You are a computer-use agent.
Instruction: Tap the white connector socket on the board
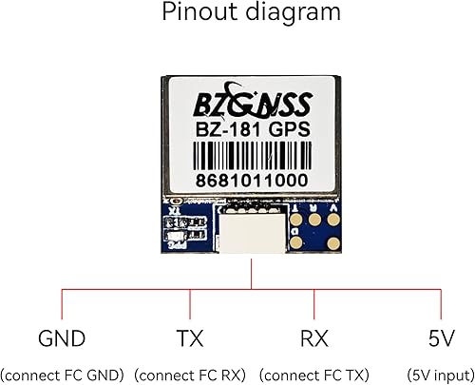point(252,234)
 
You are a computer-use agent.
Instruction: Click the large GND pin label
point(62,339)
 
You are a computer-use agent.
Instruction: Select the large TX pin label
point(190,339)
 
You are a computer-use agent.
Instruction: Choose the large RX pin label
point(313,339)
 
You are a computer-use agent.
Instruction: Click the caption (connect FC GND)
point(62,374)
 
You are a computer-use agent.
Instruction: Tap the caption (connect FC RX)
point(190,374)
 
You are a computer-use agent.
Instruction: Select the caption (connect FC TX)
point(314,374)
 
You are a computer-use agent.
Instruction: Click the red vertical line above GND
point(62,304)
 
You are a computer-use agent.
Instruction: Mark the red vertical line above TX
point(190,304)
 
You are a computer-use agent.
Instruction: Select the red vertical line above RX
point(313,304)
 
